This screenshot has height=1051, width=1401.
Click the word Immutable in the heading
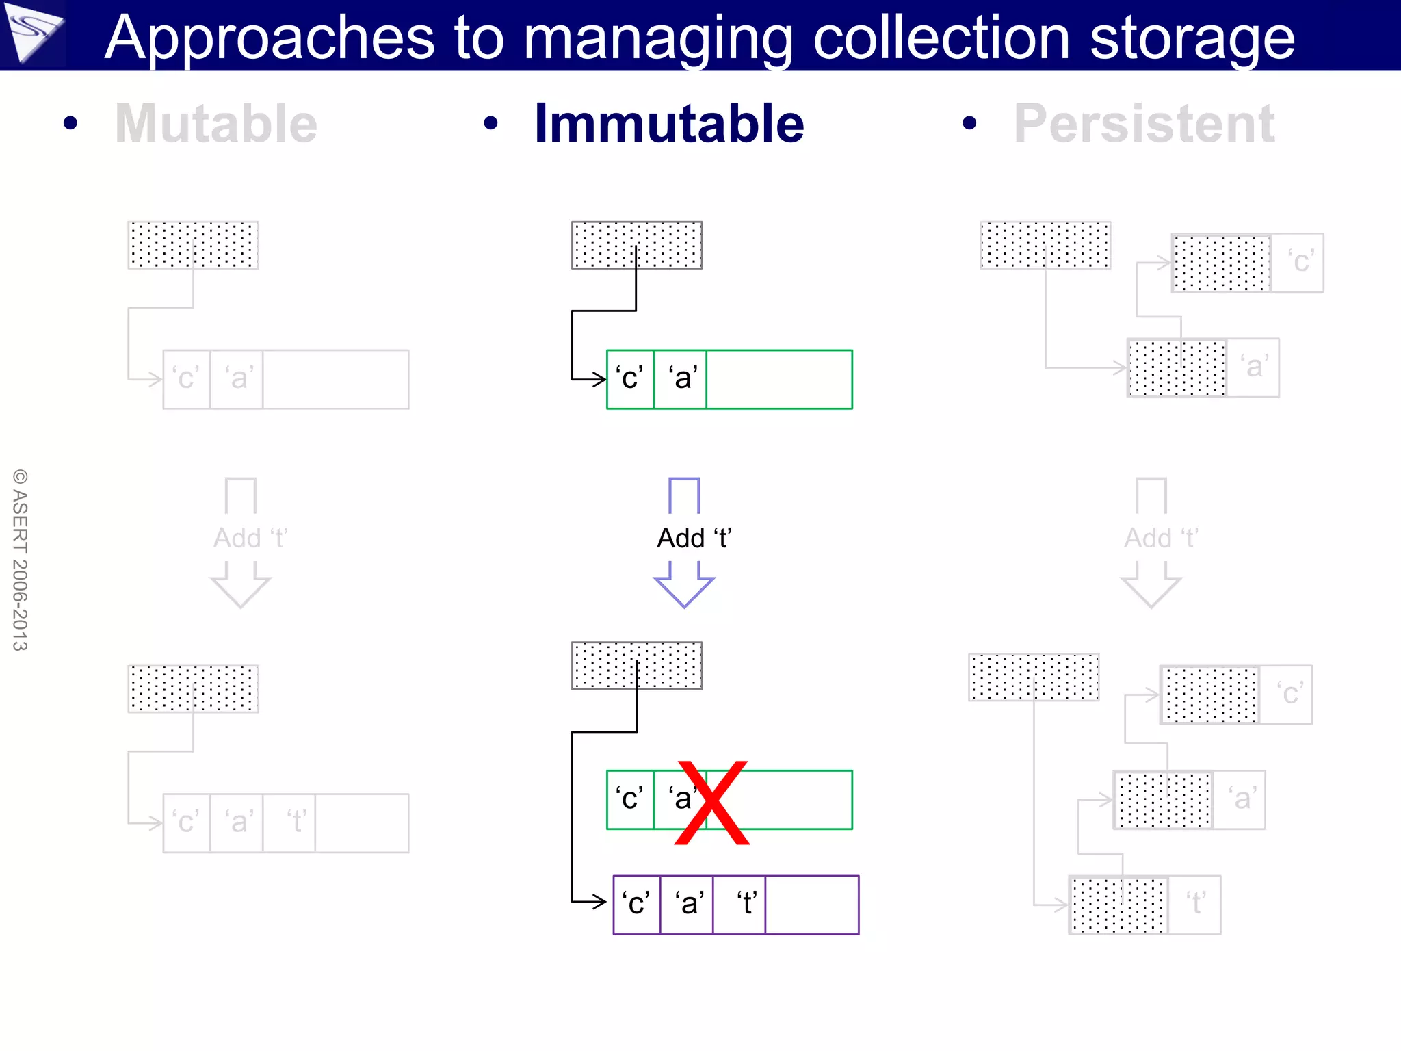coord(668,124)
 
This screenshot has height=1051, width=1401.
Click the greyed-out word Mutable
coord(216,124)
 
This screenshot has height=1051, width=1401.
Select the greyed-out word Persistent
coord(1144,124)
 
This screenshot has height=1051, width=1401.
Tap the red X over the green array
coord(712,802)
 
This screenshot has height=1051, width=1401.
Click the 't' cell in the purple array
coord(739,904)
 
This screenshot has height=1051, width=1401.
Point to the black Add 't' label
coord(694,538)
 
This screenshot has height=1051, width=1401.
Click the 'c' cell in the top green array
coord(630,379)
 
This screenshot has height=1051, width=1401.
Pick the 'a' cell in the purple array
coord(687,904)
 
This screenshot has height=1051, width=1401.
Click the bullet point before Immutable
coord(490,124)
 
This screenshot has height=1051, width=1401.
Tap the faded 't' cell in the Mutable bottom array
coord(289,822)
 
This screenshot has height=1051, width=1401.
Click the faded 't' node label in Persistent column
coord(1194,904)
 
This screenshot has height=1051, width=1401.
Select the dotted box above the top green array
coord(636,244)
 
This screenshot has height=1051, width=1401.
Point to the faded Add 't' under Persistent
coord(1160,538)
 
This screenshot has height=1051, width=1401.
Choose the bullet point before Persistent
coord(969,124)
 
